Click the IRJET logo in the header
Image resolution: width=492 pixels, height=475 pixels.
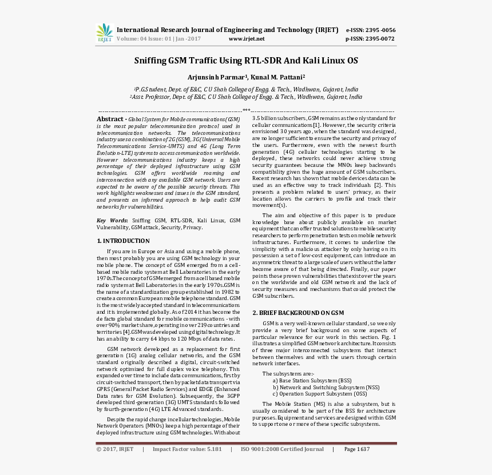pos(105,33)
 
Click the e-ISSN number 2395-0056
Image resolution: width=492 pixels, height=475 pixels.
pos(379,30)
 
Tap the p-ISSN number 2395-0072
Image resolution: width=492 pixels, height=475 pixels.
pos(379,39)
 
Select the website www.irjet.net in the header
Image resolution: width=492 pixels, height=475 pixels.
pos(247,39)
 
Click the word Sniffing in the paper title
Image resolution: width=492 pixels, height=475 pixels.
pos(150,61)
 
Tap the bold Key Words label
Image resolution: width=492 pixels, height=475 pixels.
pos(112,220)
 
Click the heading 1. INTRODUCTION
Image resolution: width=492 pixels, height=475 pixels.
pos(123,241)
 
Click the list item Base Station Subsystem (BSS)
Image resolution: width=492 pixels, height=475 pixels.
pos(312,380)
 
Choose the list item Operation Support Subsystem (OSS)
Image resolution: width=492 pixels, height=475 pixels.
pos(320,394)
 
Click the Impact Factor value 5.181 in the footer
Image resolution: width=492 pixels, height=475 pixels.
pos(214,449)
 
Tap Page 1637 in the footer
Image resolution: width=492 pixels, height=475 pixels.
pos(357,449)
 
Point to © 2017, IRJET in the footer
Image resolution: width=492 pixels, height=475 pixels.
pos(115,449)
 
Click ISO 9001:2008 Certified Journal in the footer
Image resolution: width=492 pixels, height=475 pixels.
pos(282,449)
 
